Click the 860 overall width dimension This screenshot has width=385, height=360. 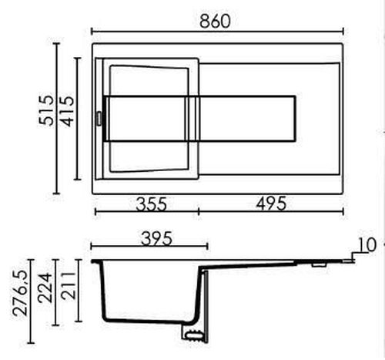[216, 22]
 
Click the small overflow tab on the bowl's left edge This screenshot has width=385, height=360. [98, 118]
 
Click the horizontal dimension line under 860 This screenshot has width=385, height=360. [216, 32]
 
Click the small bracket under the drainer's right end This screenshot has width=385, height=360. [317, 264]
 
